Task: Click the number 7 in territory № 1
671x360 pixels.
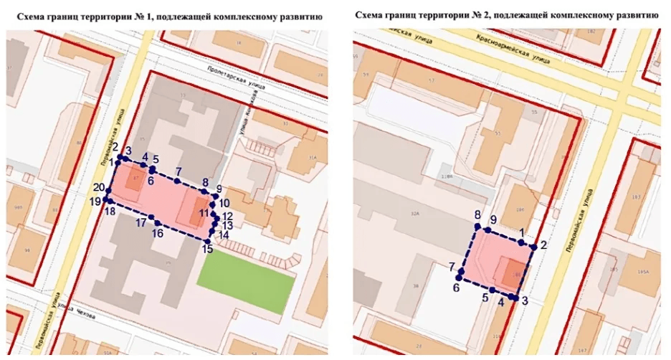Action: coord(179,171)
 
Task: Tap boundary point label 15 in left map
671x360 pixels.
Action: coord(207,250)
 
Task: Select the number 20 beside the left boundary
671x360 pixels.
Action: coord(99,188)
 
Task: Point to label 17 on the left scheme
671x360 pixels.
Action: coord(141,223)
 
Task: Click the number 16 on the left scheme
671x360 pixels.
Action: coord(157,234)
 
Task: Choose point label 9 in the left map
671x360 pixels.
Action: coord(219,189)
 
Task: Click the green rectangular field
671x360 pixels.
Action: coord(245,278)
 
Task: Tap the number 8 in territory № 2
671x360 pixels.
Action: coord(477,214)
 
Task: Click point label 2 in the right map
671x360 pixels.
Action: coord(544,245)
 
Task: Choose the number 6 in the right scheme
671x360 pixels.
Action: coord(456,288)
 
